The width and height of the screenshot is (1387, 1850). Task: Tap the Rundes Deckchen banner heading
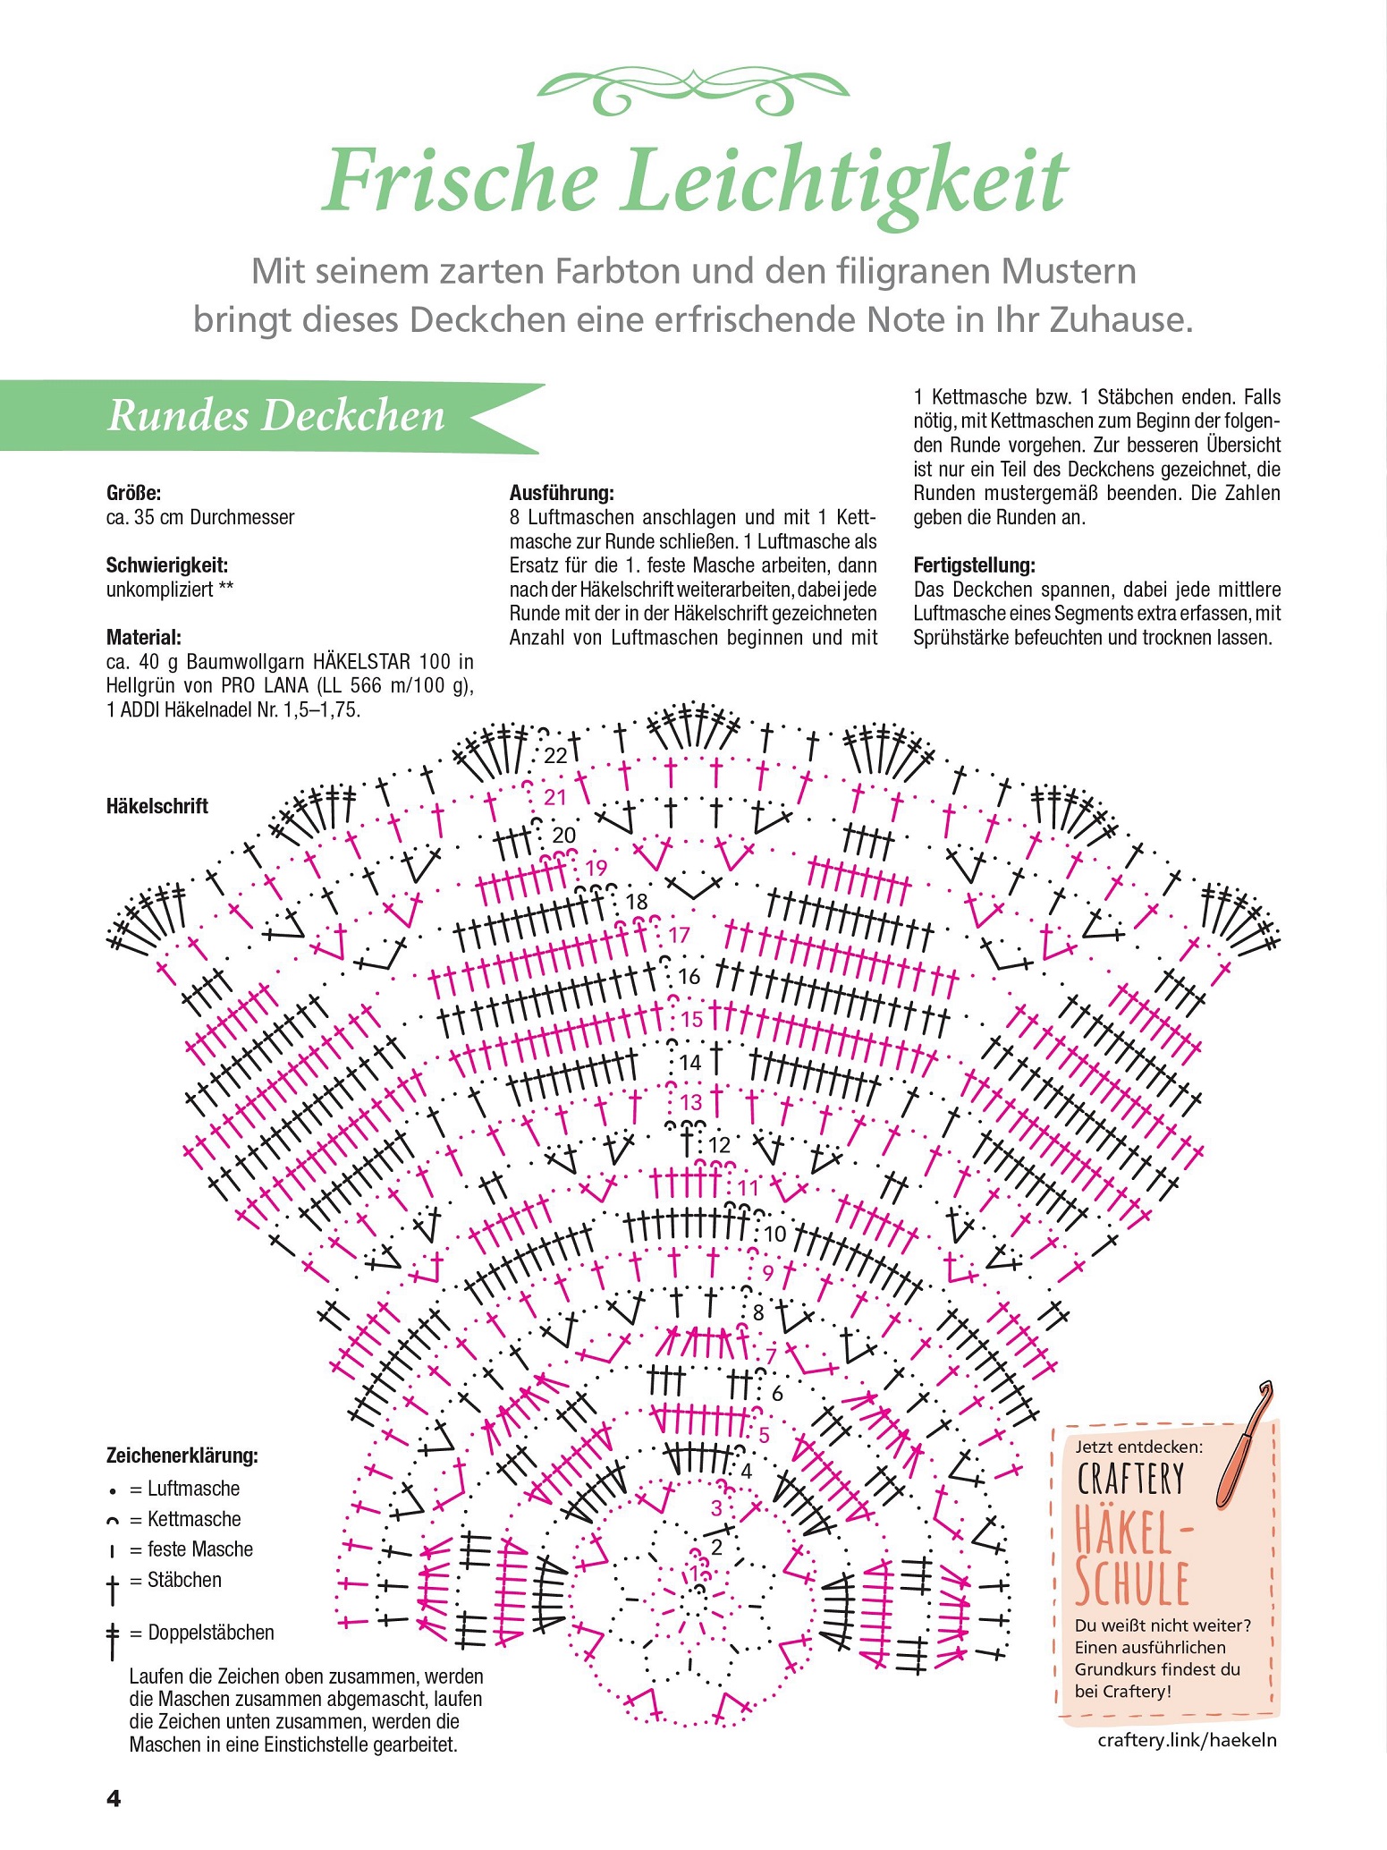coord(275,416)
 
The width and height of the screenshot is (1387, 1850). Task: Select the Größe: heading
coord(133,493)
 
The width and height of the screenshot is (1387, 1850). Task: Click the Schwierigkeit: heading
coord(167,565)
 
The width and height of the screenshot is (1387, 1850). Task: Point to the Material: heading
coord(144,638)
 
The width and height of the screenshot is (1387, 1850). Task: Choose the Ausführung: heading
coord(562,493)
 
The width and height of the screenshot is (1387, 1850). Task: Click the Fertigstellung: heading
coord(975,565)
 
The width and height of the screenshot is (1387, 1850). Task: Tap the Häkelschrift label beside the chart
coord(157,806)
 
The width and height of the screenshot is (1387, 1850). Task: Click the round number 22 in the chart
coord(555,756)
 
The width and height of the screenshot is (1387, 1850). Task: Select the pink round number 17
coord(680,936)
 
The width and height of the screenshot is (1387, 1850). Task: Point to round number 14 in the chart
coord(690,1063)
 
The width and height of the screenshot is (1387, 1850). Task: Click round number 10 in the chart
coord(774,1235)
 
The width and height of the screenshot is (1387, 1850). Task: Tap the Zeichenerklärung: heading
coord(182,1456)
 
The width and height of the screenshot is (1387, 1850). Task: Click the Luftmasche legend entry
coord(174,1489)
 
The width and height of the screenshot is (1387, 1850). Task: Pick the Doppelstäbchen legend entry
coord(190,1634)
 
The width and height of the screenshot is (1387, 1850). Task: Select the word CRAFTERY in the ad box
coord(1130,1480)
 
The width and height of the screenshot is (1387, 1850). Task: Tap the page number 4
coord(114,1799)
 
